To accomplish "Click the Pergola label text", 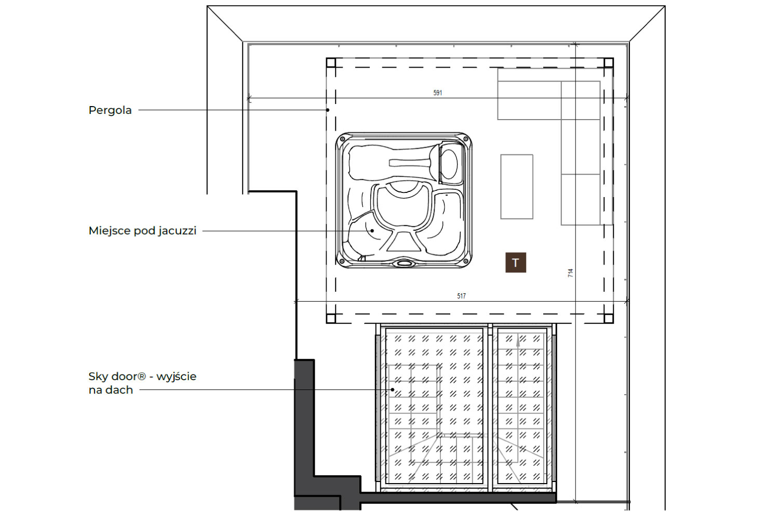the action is (110, 110).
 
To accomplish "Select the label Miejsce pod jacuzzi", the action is (143, 231).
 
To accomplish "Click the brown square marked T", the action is (515, 262).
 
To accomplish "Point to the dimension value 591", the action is (437, 93).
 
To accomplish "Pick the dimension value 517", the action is (461, 296).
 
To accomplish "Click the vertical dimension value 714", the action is (570, 272).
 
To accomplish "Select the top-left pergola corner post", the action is (331, 63).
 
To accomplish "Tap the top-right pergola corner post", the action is (608, 63).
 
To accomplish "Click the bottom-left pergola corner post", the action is (331, 318).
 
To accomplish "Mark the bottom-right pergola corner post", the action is (608, 318).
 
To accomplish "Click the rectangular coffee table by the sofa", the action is (517, 187).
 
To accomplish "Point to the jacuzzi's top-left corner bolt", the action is (343, 139).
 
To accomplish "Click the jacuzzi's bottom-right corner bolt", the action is (465, 261).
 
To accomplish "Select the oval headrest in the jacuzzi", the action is (449, 164).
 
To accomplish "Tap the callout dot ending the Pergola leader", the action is (328, 110).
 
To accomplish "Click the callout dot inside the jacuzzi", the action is (372, 230).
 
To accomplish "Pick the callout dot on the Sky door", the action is (393, 389).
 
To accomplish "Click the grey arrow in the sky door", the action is (518, 341).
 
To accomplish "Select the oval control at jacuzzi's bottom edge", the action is (404, 263).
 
